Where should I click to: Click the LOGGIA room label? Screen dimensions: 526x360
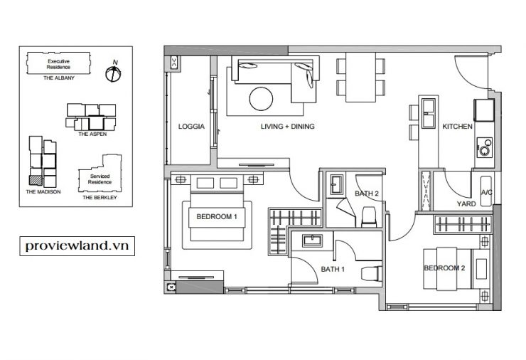[191, 127]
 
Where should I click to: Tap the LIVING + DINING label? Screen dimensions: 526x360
[287, 127]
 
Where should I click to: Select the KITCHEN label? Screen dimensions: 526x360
[457, 127]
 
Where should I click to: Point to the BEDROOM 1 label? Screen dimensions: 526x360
[217, 217]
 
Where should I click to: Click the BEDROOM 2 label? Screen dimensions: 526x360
[444, 268]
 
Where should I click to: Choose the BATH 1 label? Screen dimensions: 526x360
[333, 269]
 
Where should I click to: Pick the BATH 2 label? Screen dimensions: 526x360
[367, 194]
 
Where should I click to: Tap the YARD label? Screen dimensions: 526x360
[466, 204]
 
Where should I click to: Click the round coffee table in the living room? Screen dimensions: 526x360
[261, 99]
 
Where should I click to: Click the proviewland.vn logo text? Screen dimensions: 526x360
[77, 246]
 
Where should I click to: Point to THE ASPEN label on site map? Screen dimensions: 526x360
[92, 134]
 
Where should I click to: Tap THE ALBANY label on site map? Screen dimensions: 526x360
[59, 78]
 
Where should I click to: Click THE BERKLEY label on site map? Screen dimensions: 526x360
[100, 198]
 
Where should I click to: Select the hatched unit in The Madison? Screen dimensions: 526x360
[36, 180]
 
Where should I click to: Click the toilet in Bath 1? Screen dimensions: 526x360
[371, 273]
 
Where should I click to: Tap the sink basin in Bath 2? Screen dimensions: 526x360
[336, 184]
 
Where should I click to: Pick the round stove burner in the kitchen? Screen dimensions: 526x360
[484, 151]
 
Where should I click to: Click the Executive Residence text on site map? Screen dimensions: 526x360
[59, 64]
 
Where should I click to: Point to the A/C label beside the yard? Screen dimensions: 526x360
[487, 192]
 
